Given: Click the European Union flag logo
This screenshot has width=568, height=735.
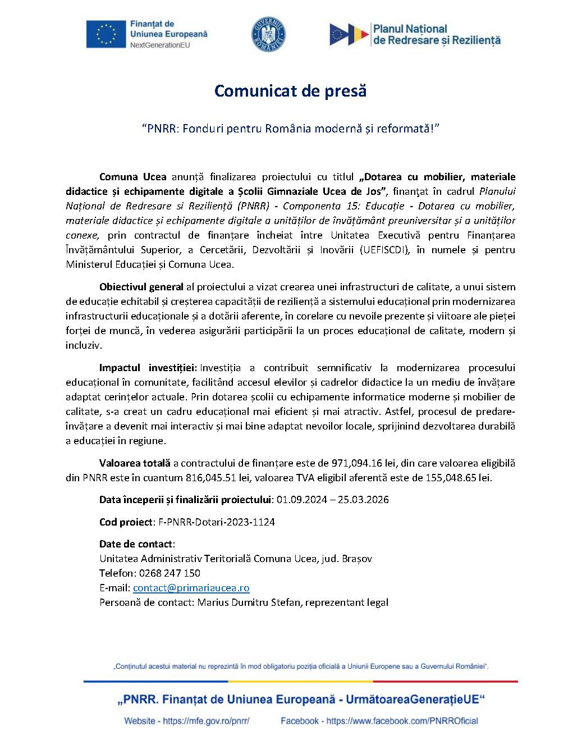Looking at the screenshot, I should click(x=106, y=34).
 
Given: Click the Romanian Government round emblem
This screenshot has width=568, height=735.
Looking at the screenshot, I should click(x=269, y=33).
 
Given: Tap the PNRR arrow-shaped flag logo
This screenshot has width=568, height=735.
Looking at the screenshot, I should click(x=348, y=34).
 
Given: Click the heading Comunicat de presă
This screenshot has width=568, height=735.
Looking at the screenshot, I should click(x=290, y=91).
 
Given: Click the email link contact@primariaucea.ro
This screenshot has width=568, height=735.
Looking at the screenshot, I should click(x=191, y=588).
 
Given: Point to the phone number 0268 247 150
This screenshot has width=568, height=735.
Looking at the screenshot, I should click(x=173, y=573).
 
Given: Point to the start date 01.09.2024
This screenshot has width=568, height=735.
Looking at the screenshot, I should click(x=305, y=500).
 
